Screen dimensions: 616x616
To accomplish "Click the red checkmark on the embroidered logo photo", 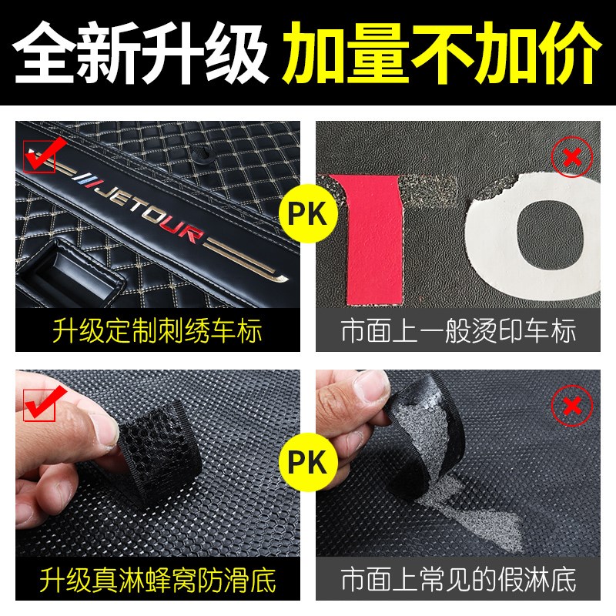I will pos(40,156).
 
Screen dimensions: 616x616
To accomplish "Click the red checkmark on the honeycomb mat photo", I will pos(40,405).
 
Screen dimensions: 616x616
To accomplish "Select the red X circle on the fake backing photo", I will pos(571,403).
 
